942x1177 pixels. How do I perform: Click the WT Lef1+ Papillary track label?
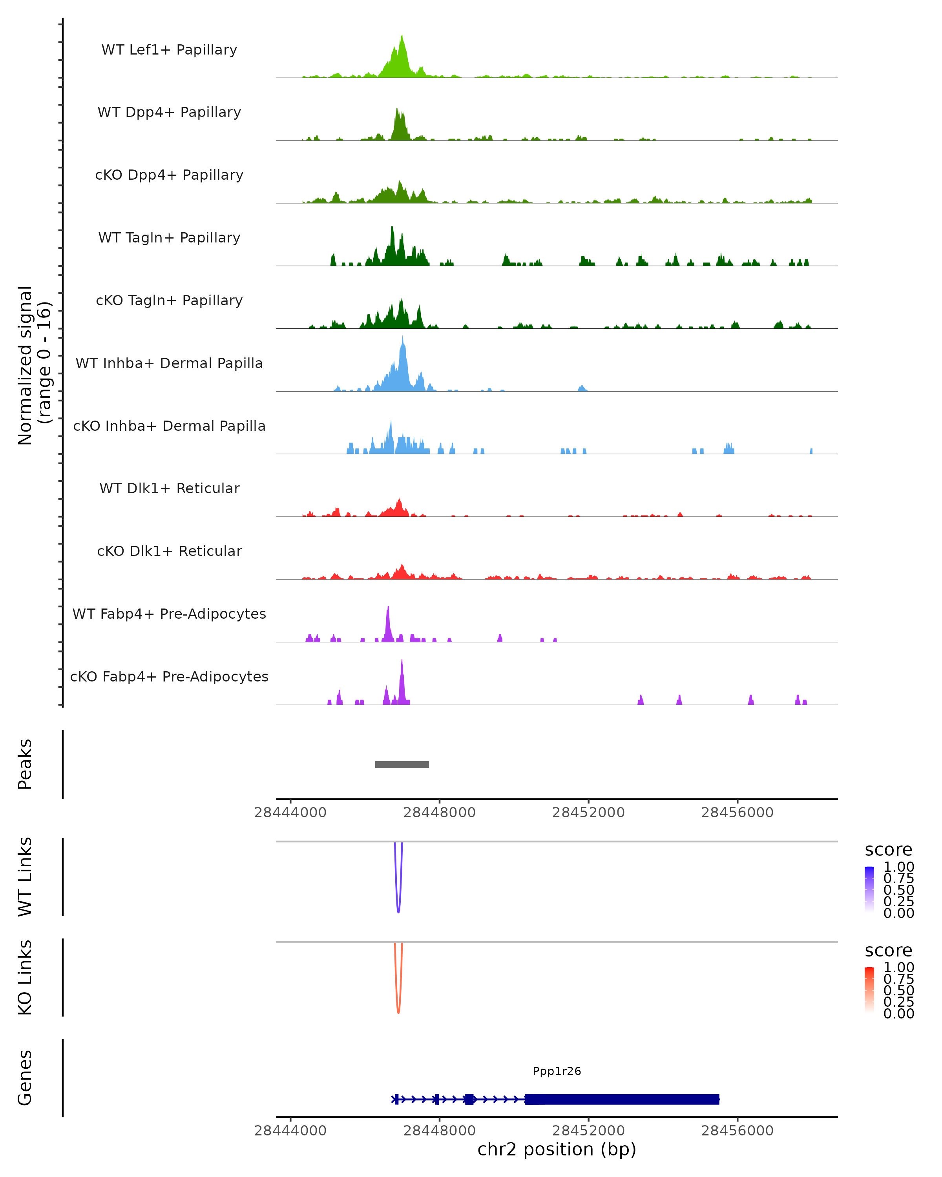169,50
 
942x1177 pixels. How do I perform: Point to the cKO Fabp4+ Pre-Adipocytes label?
169,676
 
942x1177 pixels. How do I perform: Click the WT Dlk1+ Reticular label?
169,488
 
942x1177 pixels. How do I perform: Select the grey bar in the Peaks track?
402,764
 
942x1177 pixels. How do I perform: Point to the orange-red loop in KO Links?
398,1011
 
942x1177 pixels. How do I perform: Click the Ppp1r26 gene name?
557,1071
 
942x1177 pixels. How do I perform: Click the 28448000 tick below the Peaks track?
440,813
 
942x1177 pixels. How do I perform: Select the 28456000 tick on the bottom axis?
737,1131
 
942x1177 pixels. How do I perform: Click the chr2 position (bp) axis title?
557,1150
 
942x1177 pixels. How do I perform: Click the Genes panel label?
25,1078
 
